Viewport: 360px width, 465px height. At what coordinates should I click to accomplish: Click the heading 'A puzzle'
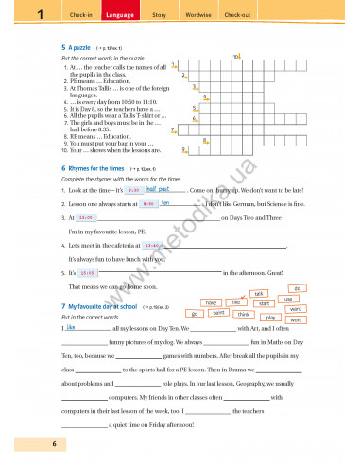[77, 45]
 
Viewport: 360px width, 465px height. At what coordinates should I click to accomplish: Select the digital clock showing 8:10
[147, 203]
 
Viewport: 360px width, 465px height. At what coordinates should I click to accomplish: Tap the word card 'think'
[243, 313]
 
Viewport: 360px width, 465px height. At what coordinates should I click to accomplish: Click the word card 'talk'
[260, 294]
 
